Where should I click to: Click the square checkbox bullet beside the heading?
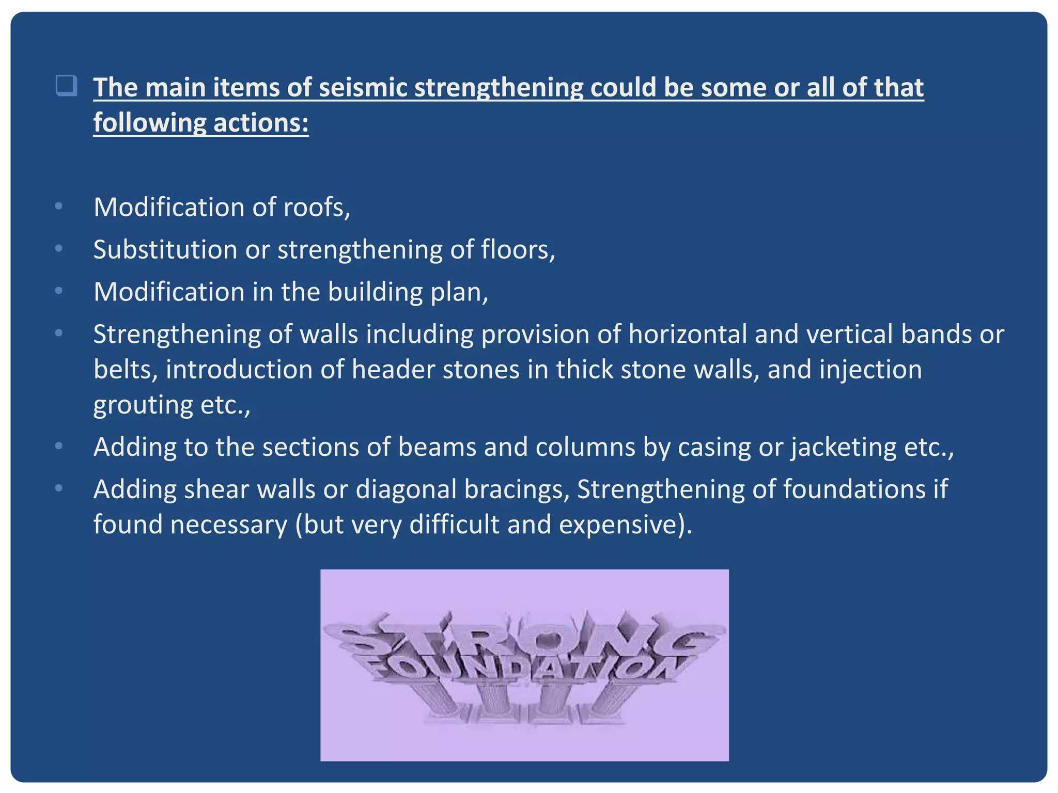(x=67, y=86)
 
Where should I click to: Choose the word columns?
(x=585, y=447)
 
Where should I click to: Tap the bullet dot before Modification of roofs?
(x=59, y=207)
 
